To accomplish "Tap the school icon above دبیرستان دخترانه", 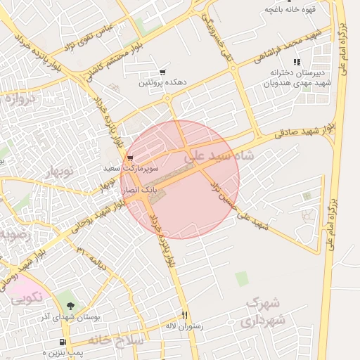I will pos(297,62).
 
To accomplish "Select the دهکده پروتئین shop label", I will pos(162,83).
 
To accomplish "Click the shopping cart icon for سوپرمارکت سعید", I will pos(130,158).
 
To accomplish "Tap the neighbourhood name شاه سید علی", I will pos(218,157).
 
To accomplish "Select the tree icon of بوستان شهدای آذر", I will pos(70,307).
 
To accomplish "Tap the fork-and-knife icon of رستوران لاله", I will pos(185,315).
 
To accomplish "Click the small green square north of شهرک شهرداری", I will pos(242,279).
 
